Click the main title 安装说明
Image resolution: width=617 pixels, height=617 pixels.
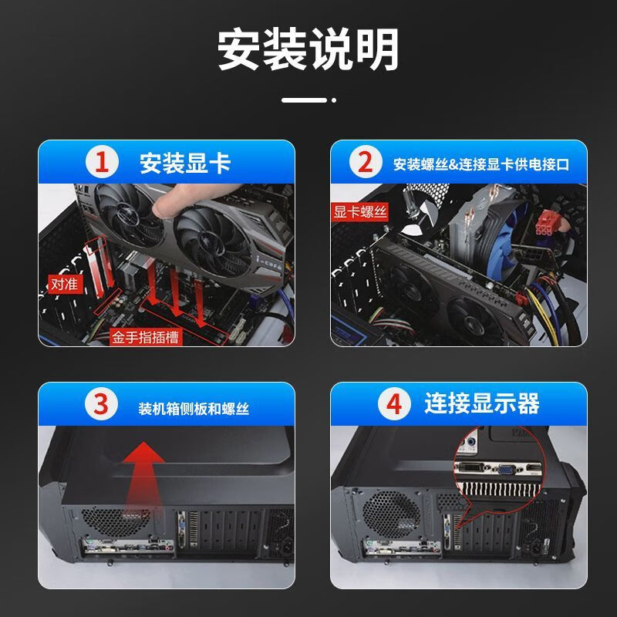coord(308,49)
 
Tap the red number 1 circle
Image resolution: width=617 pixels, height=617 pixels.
coord(102,162)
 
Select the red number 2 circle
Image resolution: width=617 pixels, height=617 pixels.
coord(366,162)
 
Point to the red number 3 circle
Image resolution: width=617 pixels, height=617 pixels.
coord(101,404)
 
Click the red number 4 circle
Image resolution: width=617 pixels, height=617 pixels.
coord(394,404)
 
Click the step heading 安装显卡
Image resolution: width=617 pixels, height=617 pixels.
coord(185,163)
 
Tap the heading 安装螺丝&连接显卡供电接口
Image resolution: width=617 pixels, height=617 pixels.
coord(481,164)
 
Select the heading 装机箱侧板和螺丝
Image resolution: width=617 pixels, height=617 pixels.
coord(194,409)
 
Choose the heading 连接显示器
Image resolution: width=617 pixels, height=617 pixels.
coord(481,403)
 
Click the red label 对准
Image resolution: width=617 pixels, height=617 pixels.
coord(66,284)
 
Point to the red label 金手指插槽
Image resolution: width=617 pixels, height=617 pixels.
coord(146,337)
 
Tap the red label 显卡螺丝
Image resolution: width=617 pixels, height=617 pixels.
coord(360,212)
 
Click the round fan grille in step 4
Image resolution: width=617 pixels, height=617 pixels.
coord(392,514)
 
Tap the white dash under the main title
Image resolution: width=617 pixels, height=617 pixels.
coord(304,100)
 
